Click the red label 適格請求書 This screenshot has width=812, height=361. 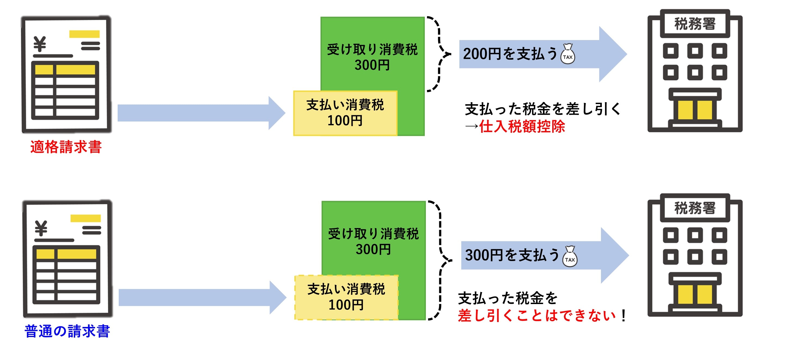coord(66,147)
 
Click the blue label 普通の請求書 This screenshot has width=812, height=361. coord(67,331)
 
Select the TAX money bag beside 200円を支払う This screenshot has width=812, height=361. coord(567,54)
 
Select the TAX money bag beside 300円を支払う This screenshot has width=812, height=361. coord(570,257)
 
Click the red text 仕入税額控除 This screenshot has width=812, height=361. coord(522,127)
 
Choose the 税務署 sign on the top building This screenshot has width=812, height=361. coord(695,24)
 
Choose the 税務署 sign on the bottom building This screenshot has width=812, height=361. coord(695,208)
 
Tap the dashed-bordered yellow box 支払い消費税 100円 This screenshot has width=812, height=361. coord(346,297)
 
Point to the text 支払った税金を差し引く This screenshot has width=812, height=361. coord(542,109)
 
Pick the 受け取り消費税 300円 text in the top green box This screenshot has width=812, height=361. coord(372,57)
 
